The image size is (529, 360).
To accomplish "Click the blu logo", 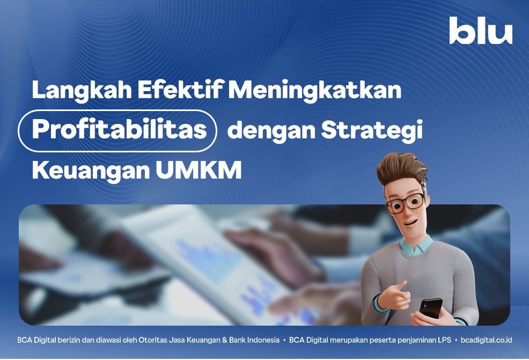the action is pyautogui.click(x=481, y=31).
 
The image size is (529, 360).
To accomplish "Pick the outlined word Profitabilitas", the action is pyautogui.click(x=119, y=130).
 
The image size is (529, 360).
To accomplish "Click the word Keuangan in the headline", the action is pyautogui.click(x=91, y=171).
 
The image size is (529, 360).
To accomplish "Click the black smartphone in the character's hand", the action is pyautogui.click(x=431, y=308).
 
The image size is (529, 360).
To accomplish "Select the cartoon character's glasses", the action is pyautogui.click(x=405, y=202).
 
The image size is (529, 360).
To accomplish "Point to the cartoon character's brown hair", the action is pyautogui.click(x=401, y=168).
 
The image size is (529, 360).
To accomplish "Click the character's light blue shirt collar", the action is pyautogui.click(x=416, y=246).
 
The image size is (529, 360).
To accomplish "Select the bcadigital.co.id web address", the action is pyautogui.click(x=486, y=340).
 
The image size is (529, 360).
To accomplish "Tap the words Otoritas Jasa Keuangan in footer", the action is pyautogui.click(x=179, y=340).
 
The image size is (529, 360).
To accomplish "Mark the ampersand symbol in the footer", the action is pyautogui.click(x=224, y=340).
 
